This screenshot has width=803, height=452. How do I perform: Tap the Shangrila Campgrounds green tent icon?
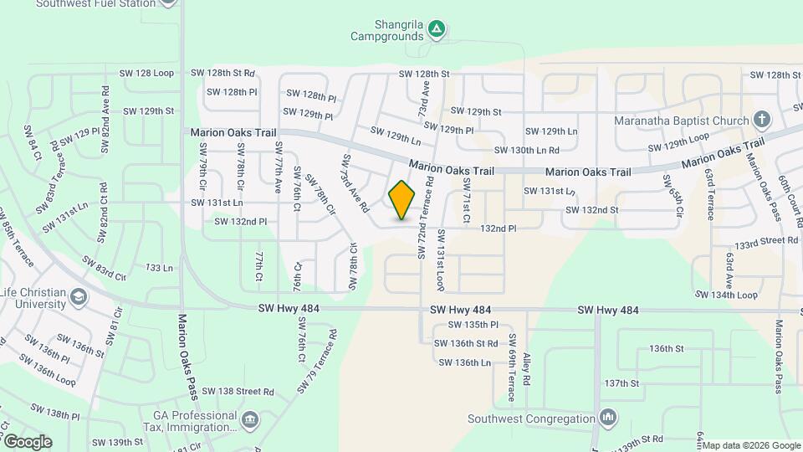tap(436, 30)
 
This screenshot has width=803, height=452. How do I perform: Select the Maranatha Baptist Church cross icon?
tap(761, 120)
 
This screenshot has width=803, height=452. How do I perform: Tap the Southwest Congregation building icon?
tap(608, 417)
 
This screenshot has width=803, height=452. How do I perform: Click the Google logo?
tap(27, 441)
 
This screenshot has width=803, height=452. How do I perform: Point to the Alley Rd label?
tap(527, 368)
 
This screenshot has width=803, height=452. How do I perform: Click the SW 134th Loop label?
tap(726, 295)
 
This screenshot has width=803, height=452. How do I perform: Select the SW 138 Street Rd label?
tap(235, 392)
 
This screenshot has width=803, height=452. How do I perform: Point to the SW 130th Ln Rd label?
tap(526, 151)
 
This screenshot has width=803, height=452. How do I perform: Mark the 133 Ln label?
tap(159, 268)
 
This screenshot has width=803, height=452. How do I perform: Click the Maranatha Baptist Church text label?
tap(681, 121)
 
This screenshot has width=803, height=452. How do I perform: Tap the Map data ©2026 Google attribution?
tap(751, 445)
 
